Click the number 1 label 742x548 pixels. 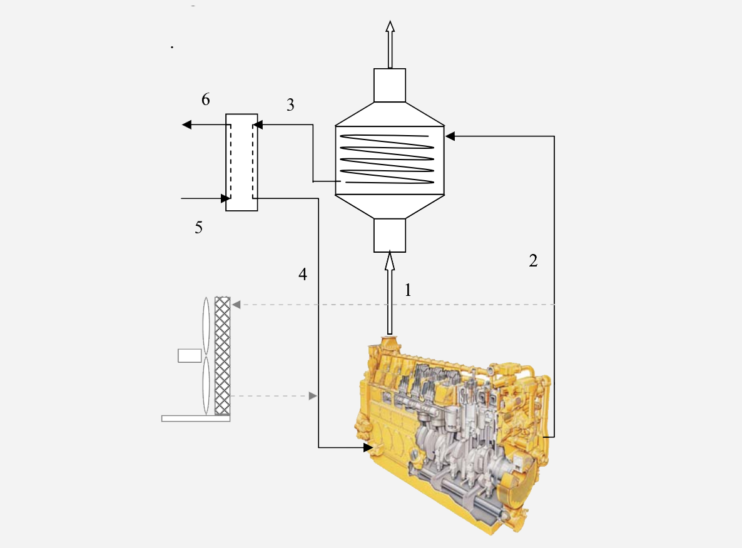[x=408, y=290]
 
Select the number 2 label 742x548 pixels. [x=533, y=261]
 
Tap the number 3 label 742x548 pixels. [x=290, y=104]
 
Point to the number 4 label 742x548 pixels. [x=303, y=274]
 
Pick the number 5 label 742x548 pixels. [x=199, y=228]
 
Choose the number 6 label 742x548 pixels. [x=205, y=99]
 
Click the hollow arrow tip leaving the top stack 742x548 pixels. [x=390, y=26]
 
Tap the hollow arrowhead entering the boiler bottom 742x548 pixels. [x=389, y=261]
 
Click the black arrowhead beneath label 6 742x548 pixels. [x=187, y=124]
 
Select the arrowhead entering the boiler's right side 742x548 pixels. [x=450, y=136]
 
